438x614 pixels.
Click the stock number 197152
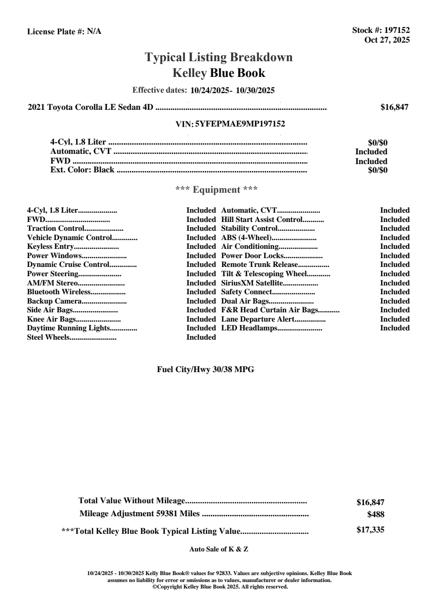coord(397,31)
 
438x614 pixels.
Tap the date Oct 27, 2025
coord(387,40)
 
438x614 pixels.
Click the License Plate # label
coord(56,32)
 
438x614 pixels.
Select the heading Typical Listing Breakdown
coord(219,57)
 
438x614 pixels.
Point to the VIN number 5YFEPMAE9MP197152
coord(240,124)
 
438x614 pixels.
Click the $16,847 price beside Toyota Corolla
coord(394,108)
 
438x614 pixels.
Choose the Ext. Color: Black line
coord(82,170)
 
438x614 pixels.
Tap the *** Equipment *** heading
coord(216,190)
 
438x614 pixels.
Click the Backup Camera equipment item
coord(54,301)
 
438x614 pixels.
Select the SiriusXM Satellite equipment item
coord(252,283)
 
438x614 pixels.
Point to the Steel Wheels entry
coord(48,337)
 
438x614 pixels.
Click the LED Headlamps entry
coord(249,328)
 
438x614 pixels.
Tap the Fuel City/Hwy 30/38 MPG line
coord(205,370)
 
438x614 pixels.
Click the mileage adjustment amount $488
coord(375,514)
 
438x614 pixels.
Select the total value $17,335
coord(370,530)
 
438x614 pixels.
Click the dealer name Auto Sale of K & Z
coord(219,549)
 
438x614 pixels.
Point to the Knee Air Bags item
coord(51,319)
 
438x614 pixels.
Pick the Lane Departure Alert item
coord(258,319)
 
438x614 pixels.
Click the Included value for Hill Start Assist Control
coord(395,220)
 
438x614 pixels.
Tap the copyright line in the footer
coord(220,587)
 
